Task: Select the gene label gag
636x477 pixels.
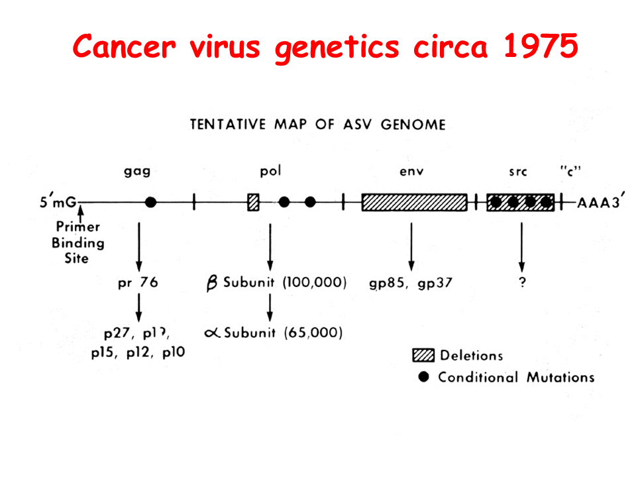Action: pyautogui.click(x=137, y=172)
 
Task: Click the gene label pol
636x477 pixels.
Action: pyautogui.click(x=270, y=172)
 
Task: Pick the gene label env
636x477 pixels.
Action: pyautogui.click(x=411, y=172)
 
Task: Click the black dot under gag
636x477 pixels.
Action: pyautogui.click(x=150, y=203)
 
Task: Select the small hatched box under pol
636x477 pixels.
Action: pyautogui.click(x=253, y=203)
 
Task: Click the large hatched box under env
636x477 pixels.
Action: pyautogui.click(x=414, y=203)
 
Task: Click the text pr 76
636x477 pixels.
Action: pyautogui.click(x=138, y=283)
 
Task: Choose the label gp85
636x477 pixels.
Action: pyautogui.click(x=387, y=284)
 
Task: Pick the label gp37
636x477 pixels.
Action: pyautogui.click(x=435, y=284)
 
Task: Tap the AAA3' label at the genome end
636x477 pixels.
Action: pyautogui.click(x=600, y=203)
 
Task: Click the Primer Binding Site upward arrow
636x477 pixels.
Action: pyautogui.click(x=80, y=213)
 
